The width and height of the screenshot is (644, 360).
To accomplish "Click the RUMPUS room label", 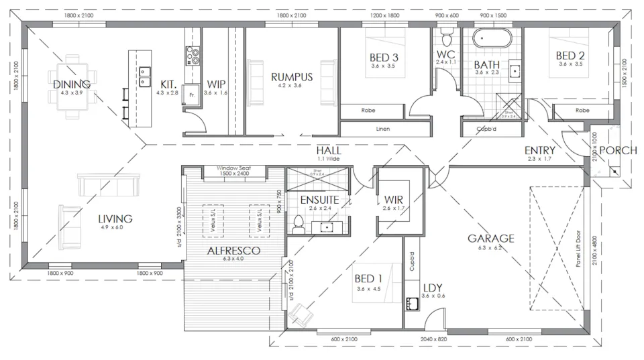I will coord(288,76).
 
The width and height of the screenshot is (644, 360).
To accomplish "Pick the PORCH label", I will coord(617,150).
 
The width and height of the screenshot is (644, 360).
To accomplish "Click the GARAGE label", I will coord(491,238).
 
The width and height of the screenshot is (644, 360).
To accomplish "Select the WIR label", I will coord(394,200).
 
